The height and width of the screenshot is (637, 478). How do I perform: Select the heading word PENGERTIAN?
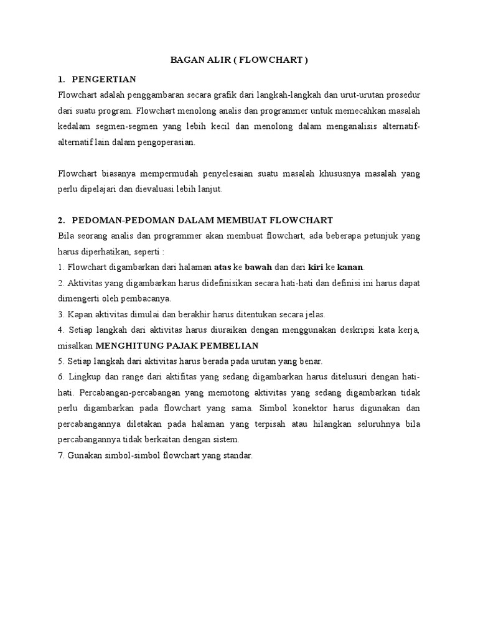pos(104,79)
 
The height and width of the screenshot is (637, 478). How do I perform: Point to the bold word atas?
pos(222,267)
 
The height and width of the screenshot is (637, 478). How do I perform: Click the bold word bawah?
pos(258,267)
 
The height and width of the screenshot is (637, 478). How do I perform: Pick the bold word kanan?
pos(350,267)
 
